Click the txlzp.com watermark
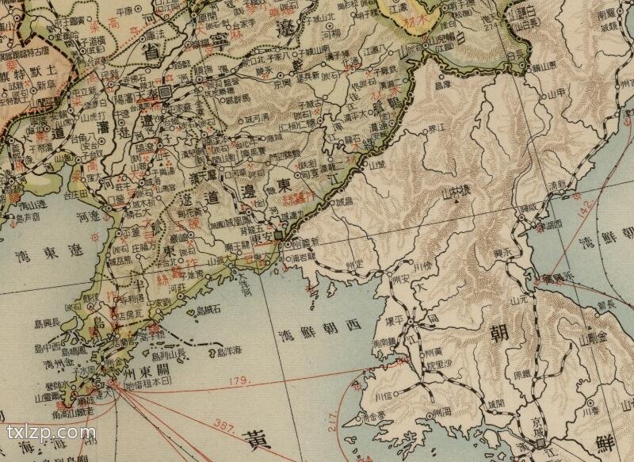pos(52,433)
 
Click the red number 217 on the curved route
pos(331,426)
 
